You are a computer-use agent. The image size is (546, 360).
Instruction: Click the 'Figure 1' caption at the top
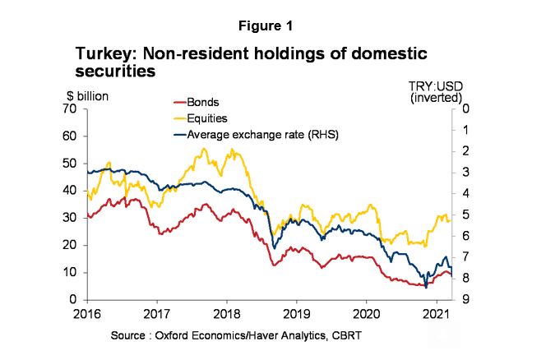click(x=273, y=26)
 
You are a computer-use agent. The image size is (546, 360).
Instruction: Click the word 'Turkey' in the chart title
click(x=101, y=54)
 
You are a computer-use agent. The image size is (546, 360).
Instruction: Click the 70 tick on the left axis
click(x=70, y=108)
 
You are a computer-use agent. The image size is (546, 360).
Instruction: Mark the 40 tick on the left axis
click(x=70, y=191)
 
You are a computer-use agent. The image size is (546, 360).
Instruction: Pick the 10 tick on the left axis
click(x=70, y=272)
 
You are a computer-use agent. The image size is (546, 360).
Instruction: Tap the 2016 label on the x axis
click(x=86, y=314)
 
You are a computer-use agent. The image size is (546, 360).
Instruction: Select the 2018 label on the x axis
click(x=227, y=314)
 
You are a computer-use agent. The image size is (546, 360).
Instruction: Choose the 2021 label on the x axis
click(x=437, y=314)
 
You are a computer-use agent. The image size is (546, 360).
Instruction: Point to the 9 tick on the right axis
click(x=465, y=300)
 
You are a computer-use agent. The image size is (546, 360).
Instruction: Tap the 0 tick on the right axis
click(x=465, y=108)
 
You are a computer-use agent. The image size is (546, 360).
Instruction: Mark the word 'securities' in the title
click(x=115, y=72)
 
